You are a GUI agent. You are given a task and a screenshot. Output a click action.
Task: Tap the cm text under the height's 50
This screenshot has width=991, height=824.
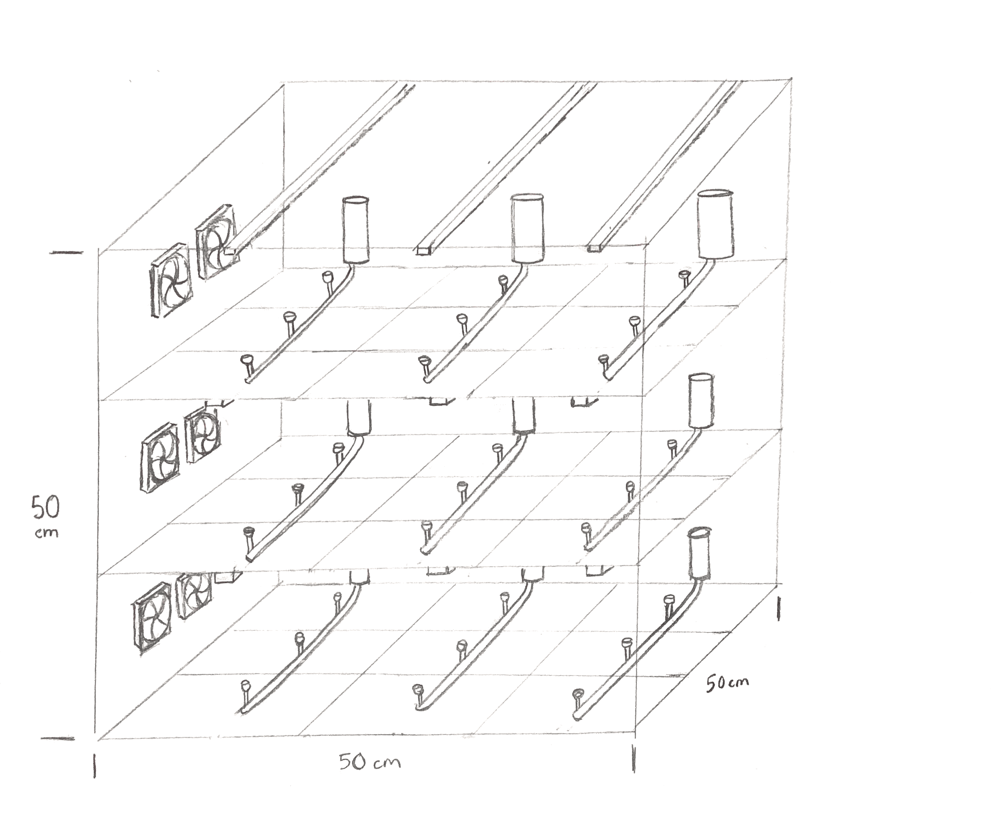[47, 533]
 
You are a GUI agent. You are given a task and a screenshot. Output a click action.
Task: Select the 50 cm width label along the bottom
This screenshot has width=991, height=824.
[370, 761]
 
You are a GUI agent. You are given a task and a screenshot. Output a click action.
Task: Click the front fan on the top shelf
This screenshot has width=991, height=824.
[171, 280]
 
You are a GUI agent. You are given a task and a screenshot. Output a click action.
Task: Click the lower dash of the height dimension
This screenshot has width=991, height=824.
[58, 739]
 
